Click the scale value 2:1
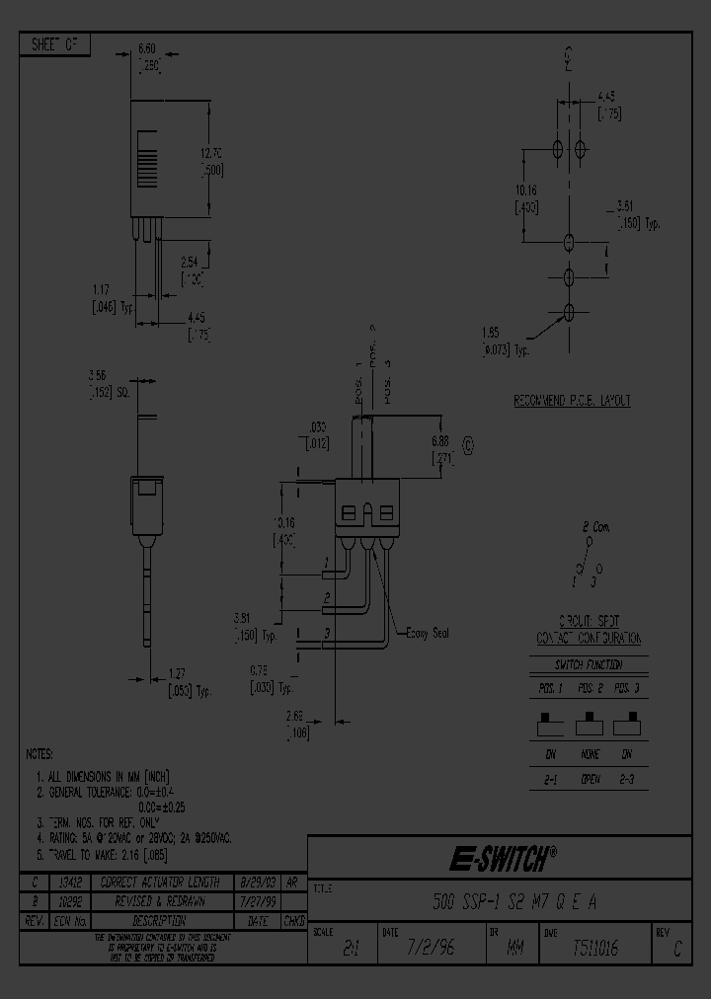350,948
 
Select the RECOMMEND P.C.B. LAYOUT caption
571,401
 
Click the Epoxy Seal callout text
428,633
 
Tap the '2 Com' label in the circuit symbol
595,527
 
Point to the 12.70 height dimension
211,153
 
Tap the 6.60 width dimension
146,47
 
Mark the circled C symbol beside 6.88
467,445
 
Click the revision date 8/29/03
258,881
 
